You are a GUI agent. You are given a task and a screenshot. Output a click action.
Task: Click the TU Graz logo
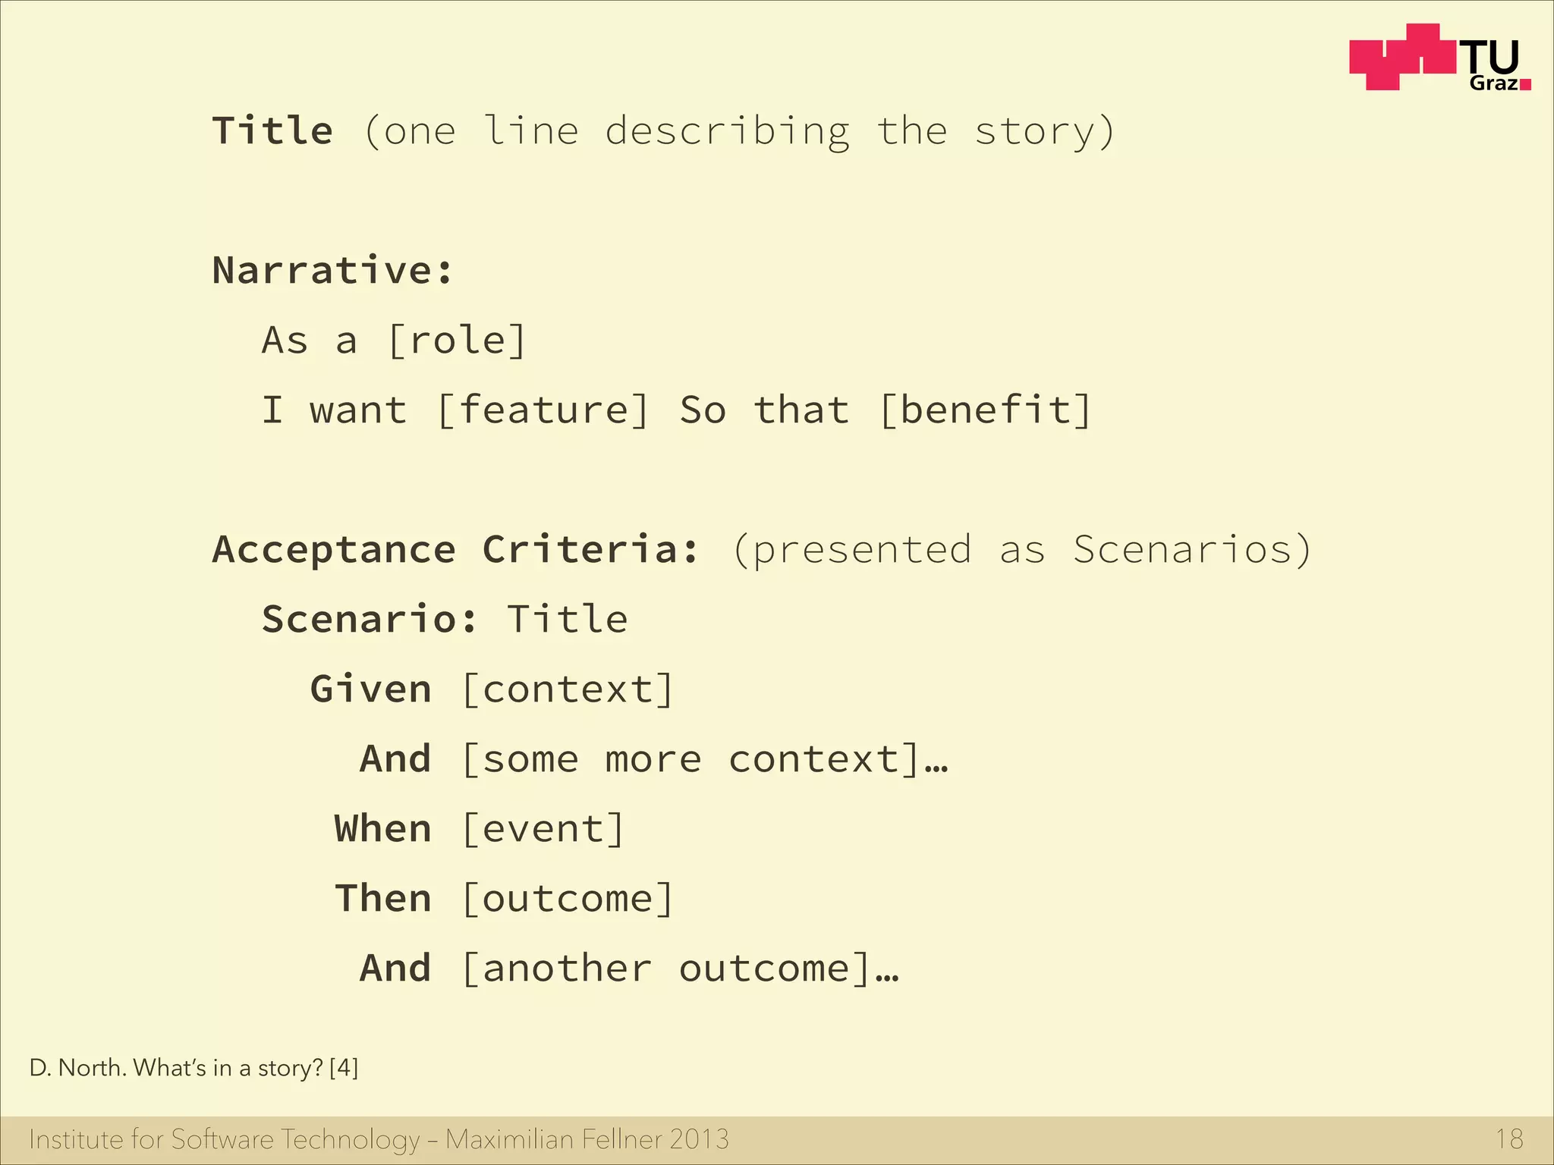(x=1439, y=58)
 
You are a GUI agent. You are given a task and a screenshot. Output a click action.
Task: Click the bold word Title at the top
(x=272, y=130)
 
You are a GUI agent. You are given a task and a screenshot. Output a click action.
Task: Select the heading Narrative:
(x=332, y=271)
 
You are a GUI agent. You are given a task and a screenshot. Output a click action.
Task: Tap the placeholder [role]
(x=457, y=341)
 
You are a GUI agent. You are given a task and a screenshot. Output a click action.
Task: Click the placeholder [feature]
(x=543, y=410)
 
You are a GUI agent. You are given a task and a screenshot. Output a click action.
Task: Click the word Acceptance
(x=334, y=550)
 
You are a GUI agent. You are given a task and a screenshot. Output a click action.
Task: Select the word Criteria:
(x=590, y=550)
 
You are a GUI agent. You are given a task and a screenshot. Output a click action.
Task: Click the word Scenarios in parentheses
(x=1182, y=550)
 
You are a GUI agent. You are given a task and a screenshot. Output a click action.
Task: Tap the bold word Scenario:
(x=370, y=620)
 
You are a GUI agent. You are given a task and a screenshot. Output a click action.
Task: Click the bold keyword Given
(x=371, y=689)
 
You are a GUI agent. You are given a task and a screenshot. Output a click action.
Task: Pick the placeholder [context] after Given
(x=568, y=689)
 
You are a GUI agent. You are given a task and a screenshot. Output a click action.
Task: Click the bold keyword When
(x=383, y=829)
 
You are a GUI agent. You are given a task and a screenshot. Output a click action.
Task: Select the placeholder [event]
(x=543, y=829)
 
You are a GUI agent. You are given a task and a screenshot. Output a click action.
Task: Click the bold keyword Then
(x=383, y=899)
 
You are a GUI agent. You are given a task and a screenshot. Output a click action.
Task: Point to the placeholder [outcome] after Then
(x=568, y=899)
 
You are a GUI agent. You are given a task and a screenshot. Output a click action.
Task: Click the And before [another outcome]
(x=395, y=969)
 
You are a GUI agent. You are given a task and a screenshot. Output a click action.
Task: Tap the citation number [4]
(x=344, y=1068)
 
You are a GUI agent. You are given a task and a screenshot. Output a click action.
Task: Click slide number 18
(x=1509, y=1139)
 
